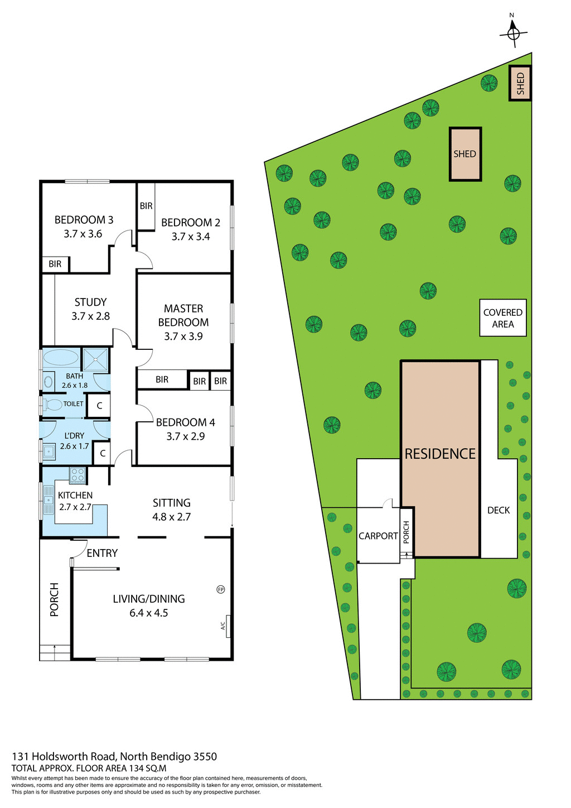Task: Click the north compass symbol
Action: (513, 33)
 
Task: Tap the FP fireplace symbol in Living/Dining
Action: (221, 589)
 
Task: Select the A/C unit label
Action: (223, 626)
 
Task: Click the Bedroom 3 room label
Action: (84, 220)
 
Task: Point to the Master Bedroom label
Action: (183, 315)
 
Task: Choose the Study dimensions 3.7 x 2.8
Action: (90, 316)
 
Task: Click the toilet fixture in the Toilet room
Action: (54, 405)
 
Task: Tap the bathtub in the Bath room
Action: (61, 358)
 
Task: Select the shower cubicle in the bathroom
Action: (95, 359)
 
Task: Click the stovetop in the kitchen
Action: (77, 475)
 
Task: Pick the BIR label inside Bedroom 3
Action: (55, 264)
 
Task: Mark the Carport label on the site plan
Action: (378, 536)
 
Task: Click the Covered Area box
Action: (503, 318)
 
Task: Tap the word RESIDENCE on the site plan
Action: (440, 454)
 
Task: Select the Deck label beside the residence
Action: (499, 510)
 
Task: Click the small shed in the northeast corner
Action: (520, 83)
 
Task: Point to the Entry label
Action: (102, 553)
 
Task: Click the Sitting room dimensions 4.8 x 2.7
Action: (172, 517)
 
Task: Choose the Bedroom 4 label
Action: (185, 422)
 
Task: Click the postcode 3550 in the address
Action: (205, 757)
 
